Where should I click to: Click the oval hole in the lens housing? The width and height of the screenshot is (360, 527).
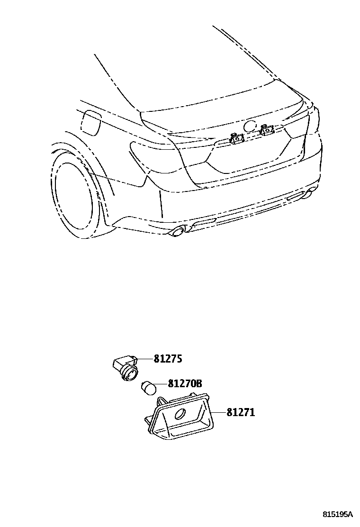tap(181, 414)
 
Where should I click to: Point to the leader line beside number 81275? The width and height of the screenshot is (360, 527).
tap(144, 359)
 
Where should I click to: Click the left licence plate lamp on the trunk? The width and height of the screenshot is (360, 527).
tap(235, 138)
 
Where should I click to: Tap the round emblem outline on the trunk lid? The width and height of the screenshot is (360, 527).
tap(249, 127)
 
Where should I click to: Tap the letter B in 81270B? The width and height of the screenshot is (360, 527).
tap(198, 384)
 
